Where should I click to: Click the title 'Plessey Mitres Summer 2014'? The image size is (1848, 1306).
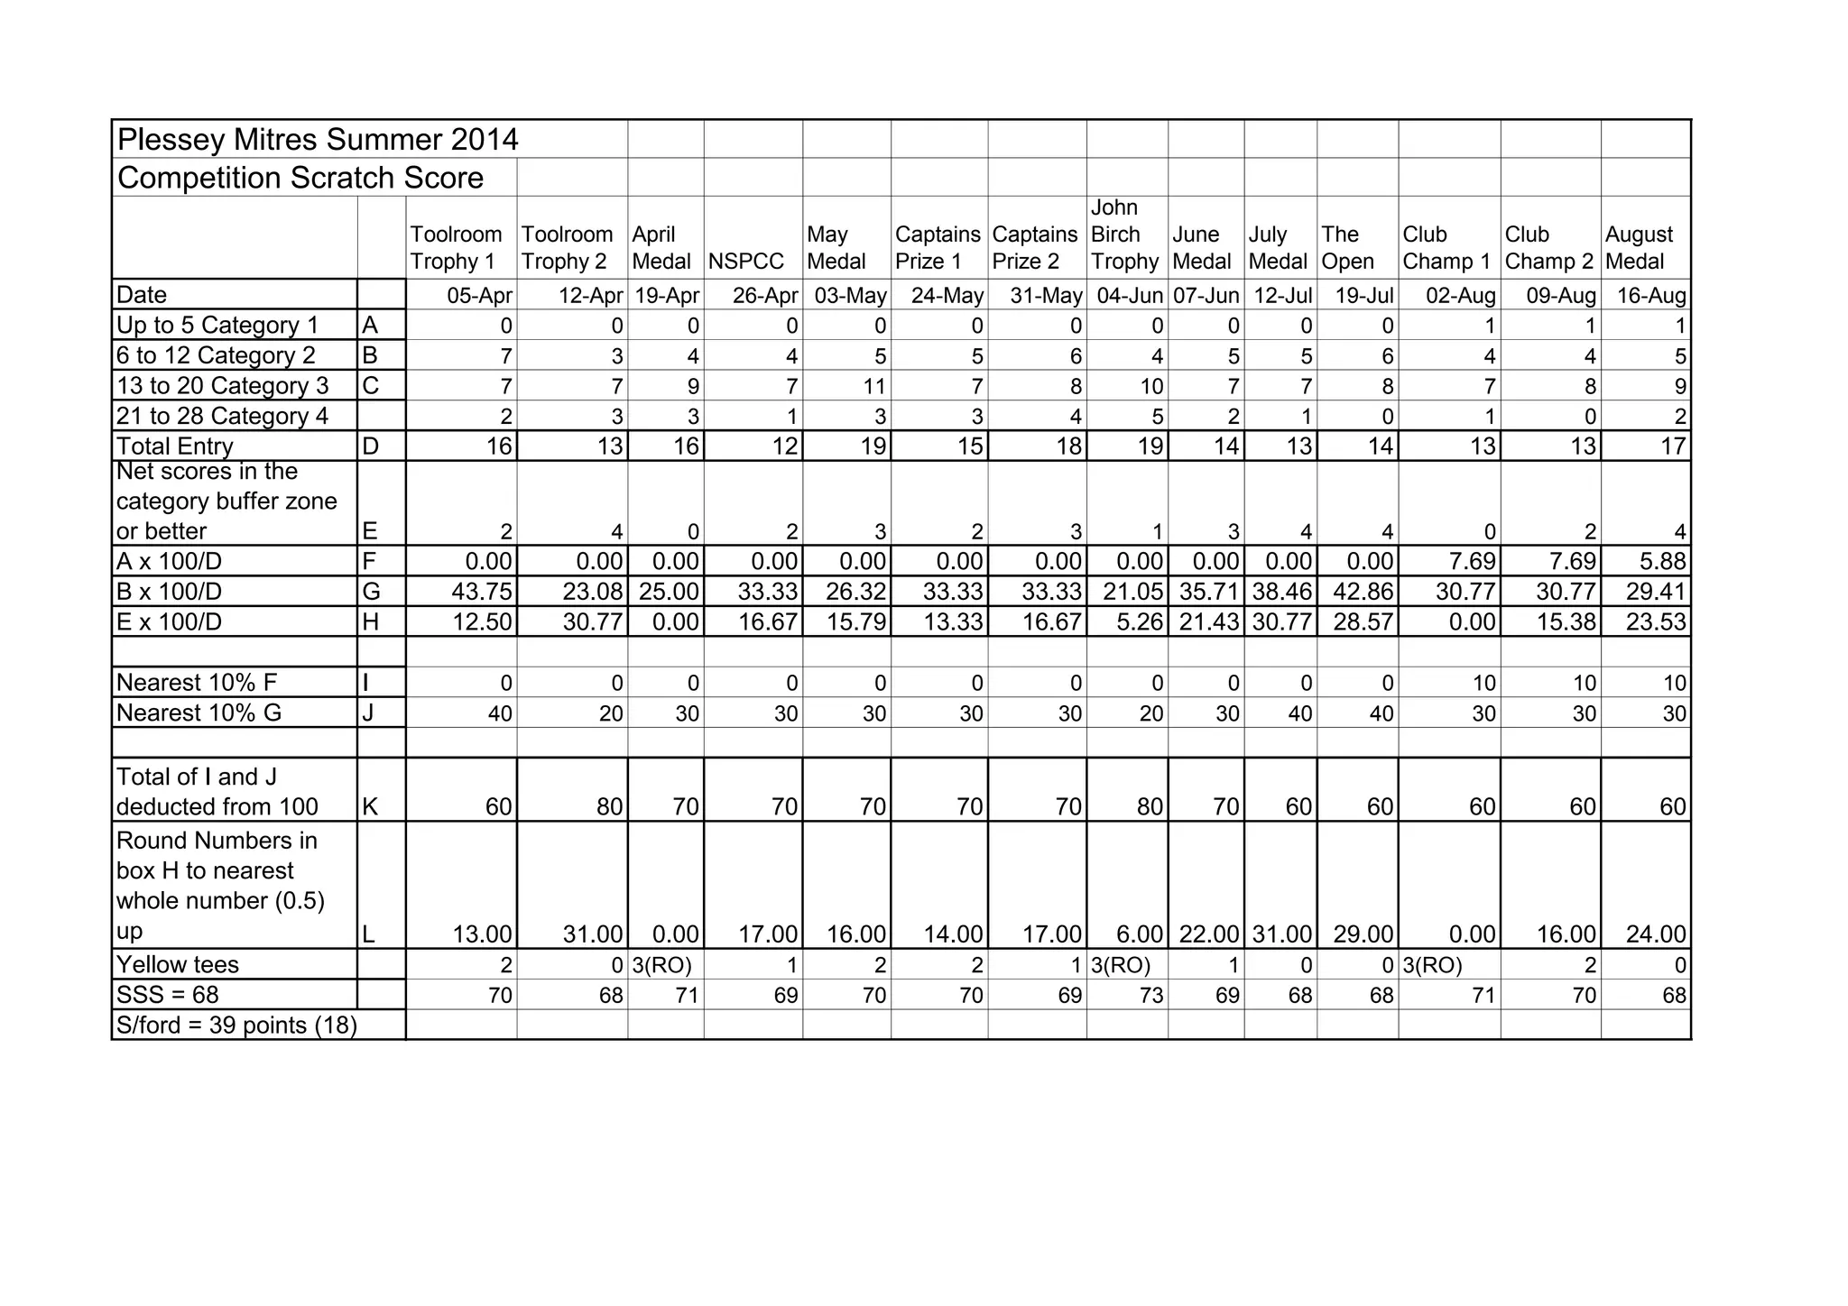pos(318,140)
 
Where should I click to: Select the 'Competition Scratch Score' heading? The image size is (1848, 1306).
pos(300,178)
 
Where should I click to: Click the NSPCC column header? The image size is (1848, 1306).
pos(746,262)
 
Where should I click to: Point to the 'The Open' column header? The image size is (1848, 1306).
pos(1347,248)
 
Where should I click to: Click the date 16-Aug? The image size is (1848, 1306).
pos(1651,296)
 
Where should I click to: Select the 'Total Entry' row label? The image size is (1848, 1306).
pos(175,446)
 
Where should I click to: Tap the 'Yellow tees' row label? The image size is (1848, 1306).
pos(178,964)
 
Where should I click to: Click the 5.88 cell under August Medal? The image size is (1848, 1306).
pos(1661,562)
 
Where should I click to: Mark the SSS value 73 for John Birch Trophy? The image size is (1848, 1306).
pos(1150,996)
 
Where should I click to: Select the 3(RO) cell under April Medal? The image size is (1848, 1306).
pos(661,965)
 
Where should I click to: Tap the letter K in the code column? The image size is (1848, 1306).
pos(369,807)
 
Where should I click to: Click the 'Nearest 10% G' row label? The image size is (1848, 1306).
pos(199,713)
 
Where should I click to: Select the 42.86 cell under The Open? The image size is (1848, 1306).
pos(1363,592)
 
